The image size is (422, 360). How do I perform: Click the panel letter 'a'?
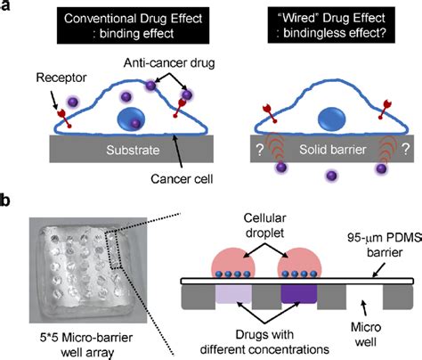coord(8,8)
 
